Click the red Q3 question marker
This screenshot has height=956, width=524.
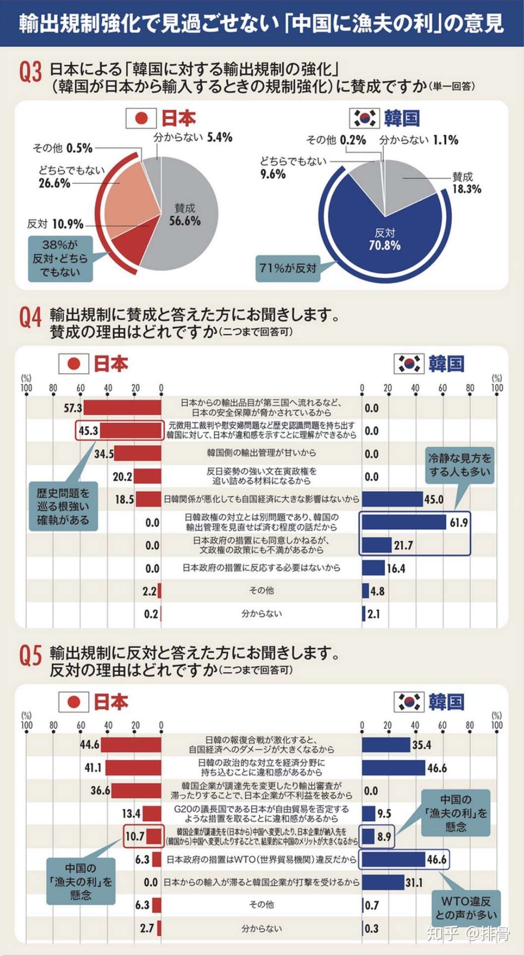[x=30, y=72]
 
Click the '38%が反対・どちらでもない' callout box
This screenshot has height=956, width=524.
[x=60, y=258]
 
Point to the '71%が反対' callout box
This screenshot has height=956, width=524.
[x=288, y=268]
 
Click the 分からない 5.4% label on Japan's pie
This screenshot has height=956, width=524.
[x=193, y=137]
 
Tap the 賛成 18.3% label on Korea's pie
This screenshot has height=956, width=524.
[x=466, y=182]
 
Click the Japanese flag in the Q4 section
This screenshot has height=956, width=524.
[x=74, y=364]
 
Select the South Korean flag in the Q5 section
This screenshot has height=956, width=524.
[x=409, y=702]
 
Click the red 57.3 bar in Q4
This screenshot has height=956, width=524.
[x=122, y=408]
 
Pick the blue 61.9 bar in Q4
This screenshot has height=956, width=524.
[x=404, y=522]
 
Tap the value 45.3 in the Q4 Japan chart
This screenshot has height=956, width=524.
[x=88, y=431]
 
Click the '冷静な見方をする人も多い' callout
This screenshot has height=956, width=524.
[x=460, y=465]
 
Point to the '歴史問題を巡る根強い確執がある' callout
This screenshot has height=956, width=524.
[x=63, y=506]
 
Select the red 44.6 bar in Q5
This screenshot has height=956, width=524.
[x=131, y=744]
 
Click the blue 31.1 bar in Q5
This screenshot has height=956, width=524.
[x=383, y=882]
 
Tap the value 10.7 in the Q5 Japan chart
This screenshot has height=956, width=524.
[x=134, y=837]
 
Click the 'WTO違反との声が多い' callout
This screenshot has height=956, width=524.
[x=466, y=908]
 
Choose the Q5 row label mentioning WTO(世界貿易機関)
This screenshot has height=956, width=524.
[x=261, y=859]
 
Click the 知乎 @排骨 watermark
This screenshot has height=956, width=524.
[x=468, y=934]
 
